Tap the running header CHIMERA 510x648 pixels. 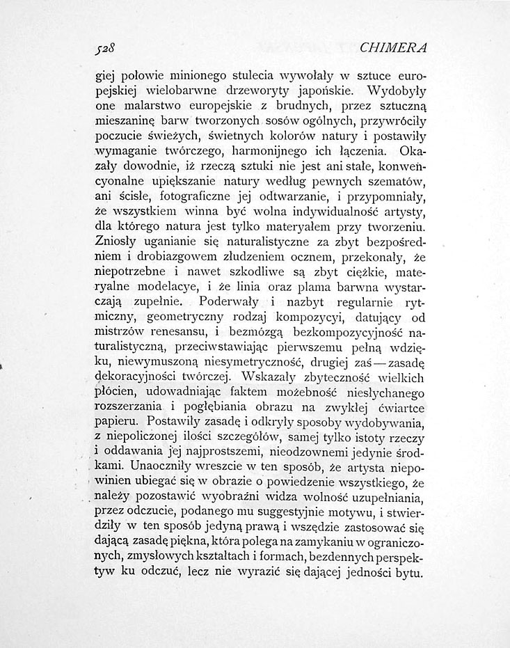[393, 47]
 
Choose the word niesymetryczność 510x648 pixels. [253, 365]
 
